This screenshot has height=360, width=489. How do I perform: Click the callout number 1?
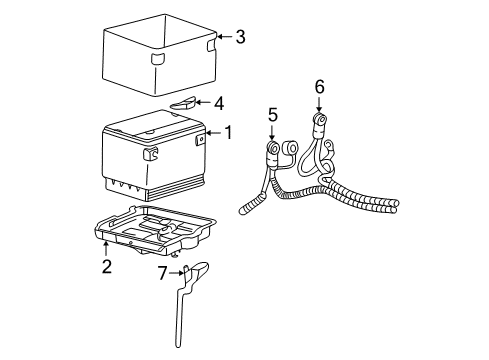pyautogui.click(x=228, y=131)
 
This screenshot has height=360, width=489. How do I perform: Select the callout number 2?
pyautogui.click(x=104, y=266)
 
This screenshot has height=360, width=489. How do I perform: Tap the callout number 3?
pyautogui.click(x=239, y=38)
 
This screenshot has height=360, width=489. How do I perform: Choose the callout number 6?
pyautogui.click(x=319, y=88)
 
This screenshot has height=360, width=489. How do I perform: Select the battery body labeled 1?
pyautogui.click(x=150, y=155)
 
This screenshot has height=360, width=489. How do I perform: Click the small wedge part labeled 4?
pyautogui.click(x=184, y=102)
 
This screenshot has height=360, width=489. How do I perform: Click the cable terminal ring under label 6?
pyautogui.click(x=322, y=125)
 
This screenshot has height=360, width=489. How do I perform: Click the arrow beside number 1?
pyautogui.click(x=213, y=131)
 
